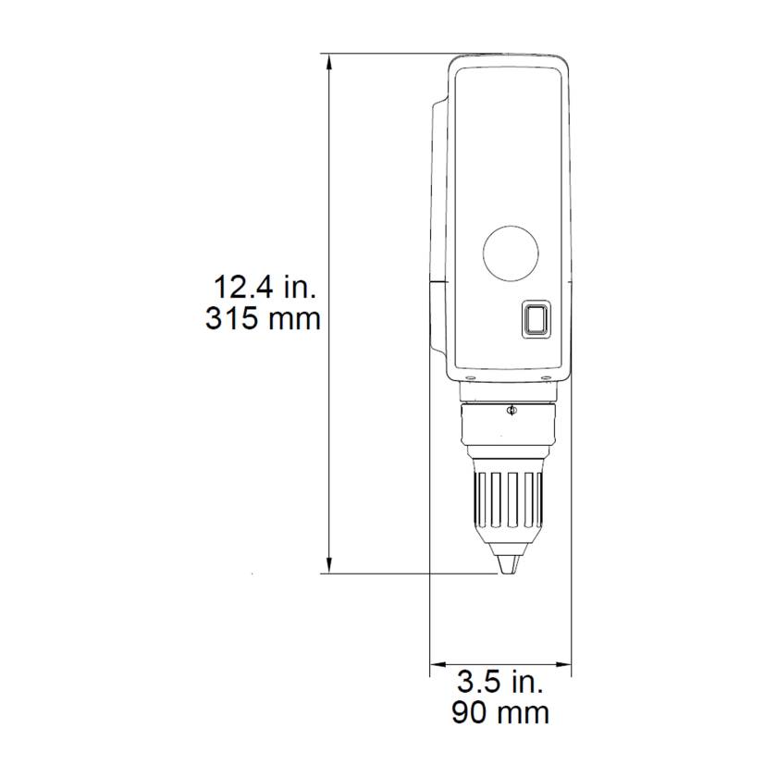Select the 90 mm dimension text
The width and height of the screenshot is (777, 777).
click(x=500, y=712)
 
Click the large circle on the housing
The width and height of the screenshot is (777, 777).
click(x=512, y=253)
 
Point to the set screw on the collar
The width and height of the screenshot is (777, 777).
click(x=511, y=411)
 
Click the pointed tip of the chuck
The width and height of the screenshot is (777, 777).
click(x=507, y=565)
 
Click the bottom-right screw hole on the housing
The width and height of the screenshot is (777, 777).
click(x=552, y=377)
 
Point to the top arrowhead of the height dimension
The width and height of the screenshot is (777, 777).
click(x=329, y=61)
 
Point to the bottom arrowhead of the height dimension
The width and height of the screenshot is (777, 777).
click(x=329, y=566)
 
